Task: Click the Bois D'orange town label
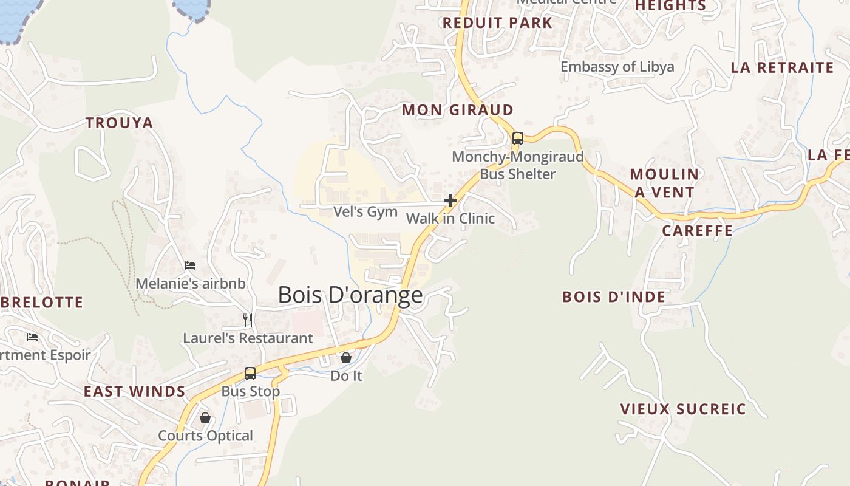[350, 295]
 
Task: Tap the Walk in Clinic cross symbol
[450, 200]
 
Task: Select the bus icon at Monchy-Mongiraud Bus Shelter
[517, 138]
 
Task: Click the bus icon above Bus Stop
[250, 373]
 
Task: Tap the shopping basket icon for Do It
[345, 358]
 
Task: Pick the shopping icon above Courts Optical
[205, 418]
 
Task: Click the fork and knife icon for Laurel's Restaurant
[248, 320]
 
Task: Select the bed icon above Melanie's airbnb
[190, 265]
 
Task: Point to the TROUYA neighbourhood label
[120, 123]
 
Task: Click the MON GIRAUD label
[458, 110]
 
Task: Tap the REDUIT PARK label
[497, 23]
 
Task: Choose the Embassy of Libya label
[617, 67]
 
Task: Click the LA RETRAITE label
[782, 67]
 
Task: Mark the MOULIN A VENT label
[664, 183]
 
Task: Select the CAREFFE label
[697, 231]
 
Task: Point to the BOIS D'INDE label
[614, 297]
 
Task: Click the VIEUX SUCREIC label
[682, 409]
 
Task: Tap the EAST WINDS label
[134, 391]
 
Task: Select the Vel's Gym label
[365, 212]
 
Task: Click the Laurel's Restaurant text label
[248, 338]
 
